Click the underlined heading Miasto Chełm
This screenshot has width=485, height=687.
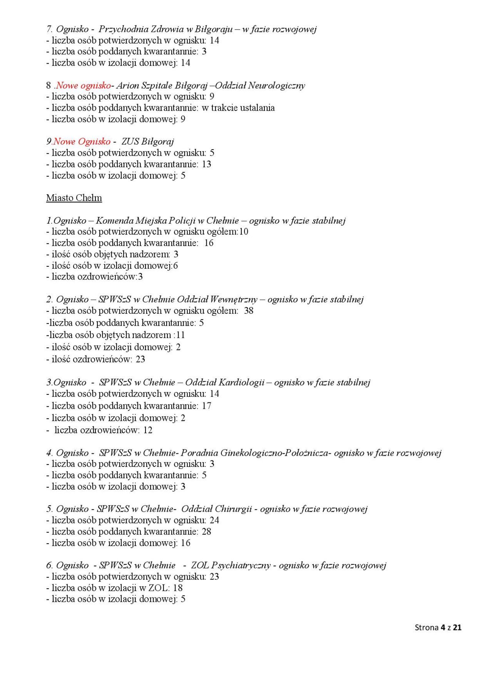click(x=74, y=198)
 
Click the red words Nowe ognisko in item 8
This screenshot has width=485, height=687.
click(x=83, y=85)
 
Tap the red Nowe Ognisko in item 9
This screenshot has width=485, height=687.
click(x=82, y=141)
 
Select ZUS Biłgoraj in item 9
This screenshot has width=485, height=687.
click(x=147, y=141)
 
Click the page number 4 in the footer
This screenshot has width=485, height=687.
click(x=443, y=627)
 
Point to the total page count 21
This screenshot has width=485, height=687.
click(x=457, y=627)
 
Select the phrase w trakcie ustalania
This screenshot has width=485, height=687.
click(x=238, y=108)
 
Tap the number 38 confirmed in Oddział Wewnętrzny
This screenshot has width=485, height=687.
click(x=249, y=311)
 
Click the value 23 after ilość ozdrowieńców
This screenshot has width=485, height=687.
click(x=140, y=359)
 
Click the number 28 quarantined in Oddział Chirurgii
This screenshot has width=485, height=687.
click(x=207, y=532)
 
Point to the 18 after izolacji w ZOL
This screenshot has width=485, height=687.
click(x=178, y=588)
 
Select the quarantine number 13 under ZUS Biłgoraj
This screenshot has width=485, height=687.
click(x=207, y=164)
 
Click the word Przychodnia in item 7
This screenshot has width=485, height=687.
click(x=123, y=29)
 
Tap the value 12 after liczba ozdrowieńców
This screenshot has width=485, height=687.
click(x=148, y=430)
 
